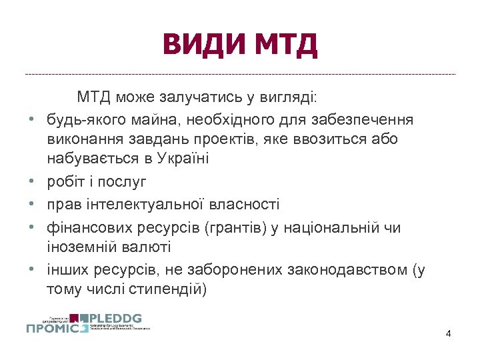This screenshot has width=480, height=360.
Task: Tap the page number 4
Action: point(448,333)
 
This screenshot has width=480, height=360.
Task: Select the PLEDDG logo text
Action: point(119,318)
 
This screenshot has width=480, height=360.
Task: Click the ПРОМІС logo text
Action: point(57,327)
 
